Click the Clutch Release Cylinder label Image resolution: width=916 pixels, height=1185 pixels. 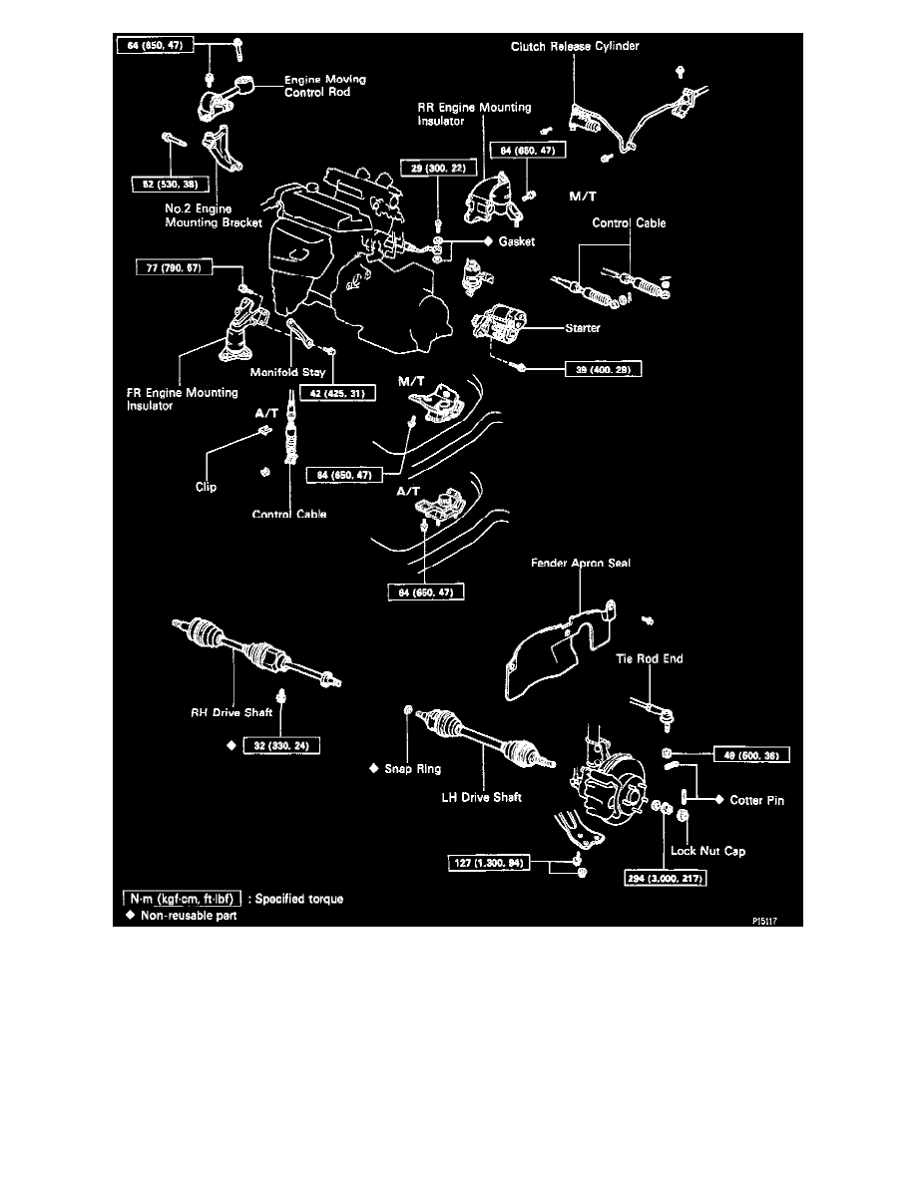[575, 46]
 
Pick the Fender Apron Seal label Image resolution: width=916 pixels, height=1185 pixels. [580, 564]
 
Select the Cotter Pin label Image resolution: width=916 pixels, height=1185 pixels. [756, 800]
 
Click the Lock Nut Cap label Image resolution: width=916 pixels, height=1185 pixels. [707, 851]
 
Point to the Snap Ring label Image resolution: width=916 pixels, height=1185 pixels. [412, 769]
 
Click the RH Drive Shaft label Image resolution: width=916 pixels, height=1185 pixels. [230, 713]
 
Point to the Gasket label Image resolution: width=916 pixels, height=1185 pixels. [519, 242]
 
